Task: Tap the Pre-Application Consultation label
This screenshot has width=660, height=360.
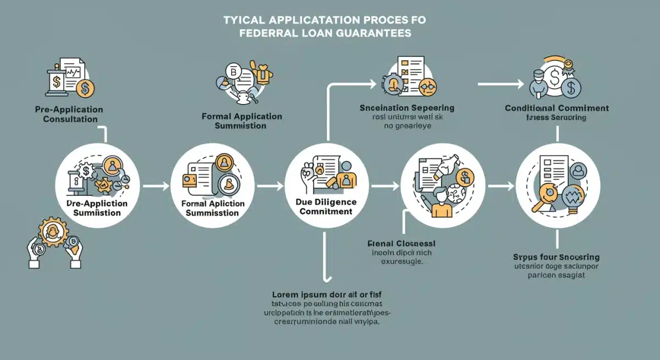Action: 69,114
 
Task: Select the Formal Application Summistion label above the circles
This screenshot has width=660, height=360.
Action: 241,121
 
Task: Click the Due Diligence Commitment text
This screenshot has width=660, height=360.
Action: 322,206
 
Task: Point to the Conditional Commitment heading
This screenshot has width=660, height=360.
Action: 557,108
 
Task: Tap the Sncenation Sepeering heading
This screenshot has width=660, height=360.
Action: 406,108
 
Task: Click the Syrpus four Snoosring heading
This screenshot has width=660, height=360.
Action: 556,257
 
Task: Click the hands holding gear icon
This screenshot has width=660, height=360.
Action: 54,242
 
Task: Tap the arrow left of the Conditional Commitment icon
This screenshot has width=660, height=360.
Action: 501,84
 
